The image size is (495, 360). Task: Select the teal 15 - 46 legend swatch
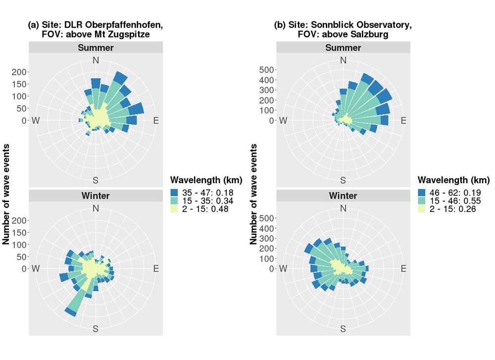click(422, 201)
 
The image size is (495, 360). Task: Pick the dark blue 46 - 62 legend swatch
click(422, 192)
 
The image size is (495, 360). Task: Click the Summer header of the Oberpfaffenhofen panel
click(96, 48)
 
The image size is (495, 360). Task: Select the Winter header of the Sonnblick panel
click(343, 196)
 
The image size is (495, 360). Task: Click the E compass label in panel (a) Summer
click(156, 120)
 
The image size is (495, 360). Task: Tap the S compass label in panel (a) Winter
click(96, 329)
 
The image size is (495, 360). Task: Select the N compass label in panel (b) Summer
click(343, 60)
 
